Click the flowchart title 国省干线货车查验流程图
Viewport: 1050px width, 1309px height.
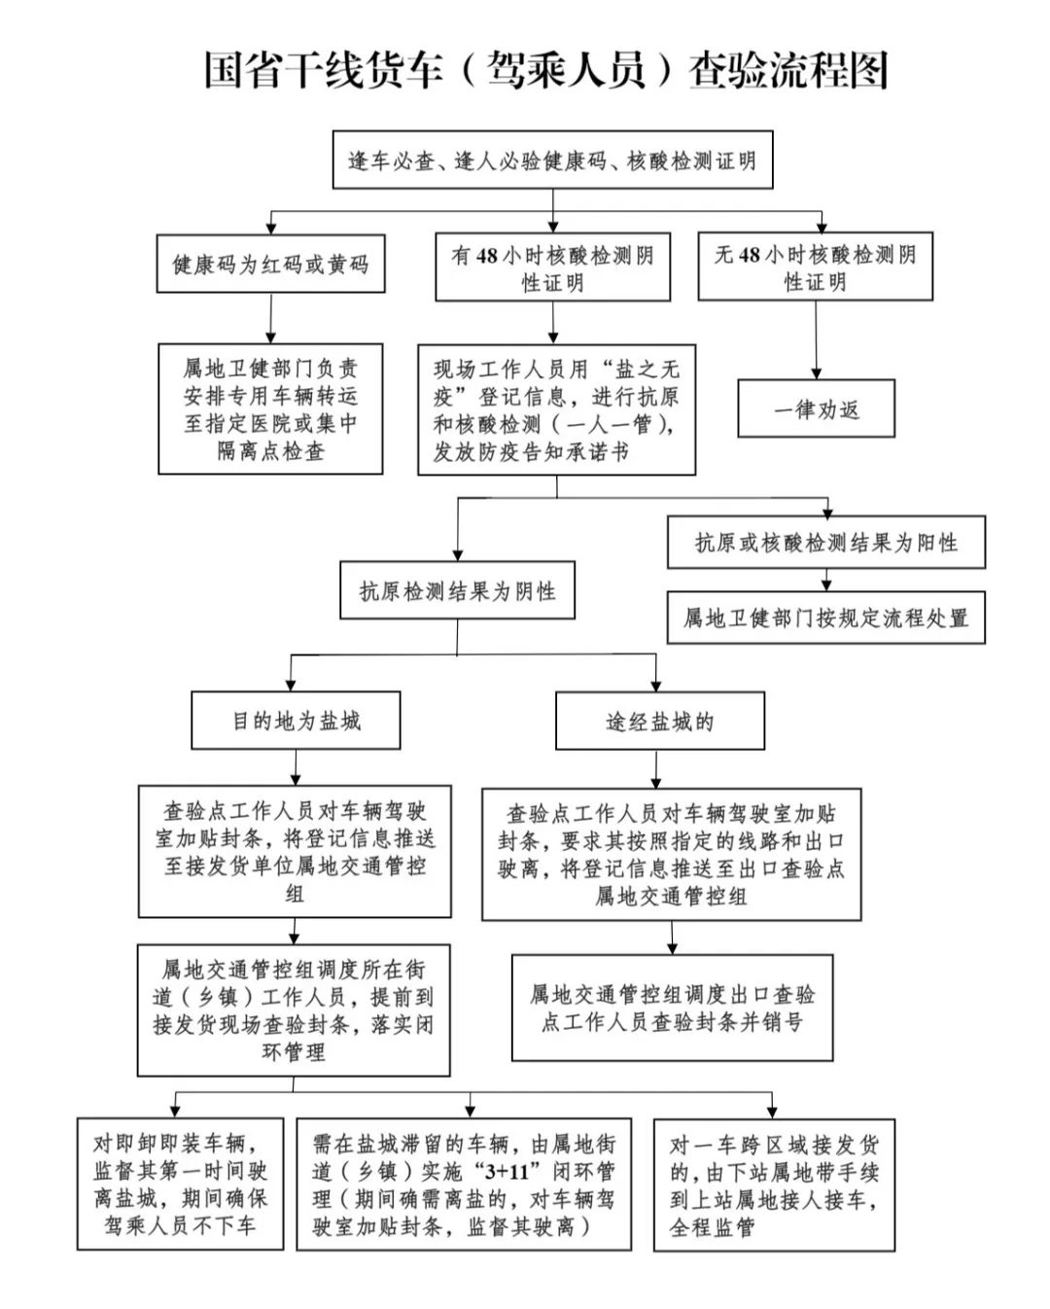click(x=545, y=71)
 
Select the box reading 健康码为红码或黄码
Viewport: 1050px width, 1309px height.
click(x=270, y=264)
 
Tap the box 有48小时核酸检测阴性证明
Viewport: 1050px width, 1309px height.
click(x=552, y=267)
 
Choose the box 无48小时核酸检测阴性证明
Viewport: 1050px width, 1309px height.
click(x=815, y=266)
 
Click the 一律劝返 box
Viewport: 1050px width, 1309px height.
click(x=816, y=408)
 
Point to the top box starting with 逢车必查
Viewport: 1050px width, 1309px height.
click(x=552, y=159)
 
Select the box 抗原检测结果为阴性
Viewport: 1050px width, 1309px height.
click(x=457, y=590)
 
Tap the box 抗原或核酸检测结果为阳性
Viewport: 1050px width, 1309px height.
click(x=825, y=543)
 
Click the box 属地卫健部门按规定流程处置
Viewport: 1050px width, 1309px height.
click(x=825, y=618)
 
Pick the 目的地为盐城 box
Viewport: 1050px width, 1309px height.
click(x=296, y=721)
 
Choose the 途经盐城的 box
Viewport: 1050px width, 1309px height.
click(x=659, y=721)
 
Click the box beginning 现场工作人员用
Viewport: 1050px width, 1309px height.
click(x=556, y=409)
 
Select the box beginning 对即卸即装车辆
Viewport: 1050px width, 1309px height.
click(x=180, y=1184)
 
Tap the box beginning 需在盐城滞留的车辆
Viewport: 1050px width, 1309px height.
click(x=464, y=1184)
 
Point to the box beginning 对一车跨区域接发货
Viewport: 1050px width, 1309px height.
click(x=774, y=1184)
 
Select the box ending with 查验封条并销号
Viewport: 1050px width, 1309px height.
click(x=672, y=1008)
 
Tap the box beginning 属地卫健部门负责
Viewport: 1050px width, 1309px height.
click(x=270, y=408)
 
